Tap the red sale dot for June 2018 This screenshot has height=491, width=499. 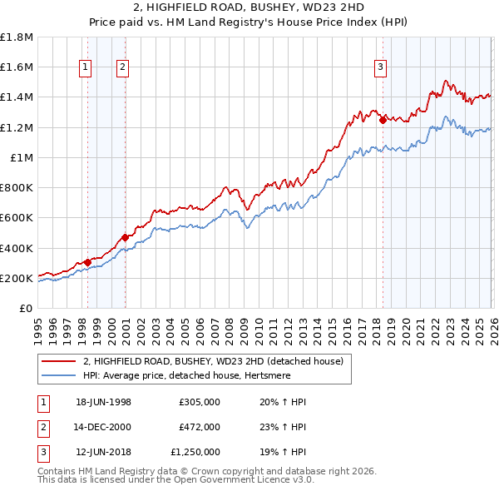383,120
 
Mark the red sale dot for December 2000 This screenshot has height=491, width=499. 125,237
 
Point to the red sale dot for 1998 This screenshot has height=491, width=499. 88,262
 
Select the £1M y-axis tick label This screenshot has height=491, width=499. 22,157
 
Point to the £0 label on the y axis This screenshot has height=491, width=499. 27,308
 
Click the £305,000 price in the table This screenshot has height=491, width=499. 200,402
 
